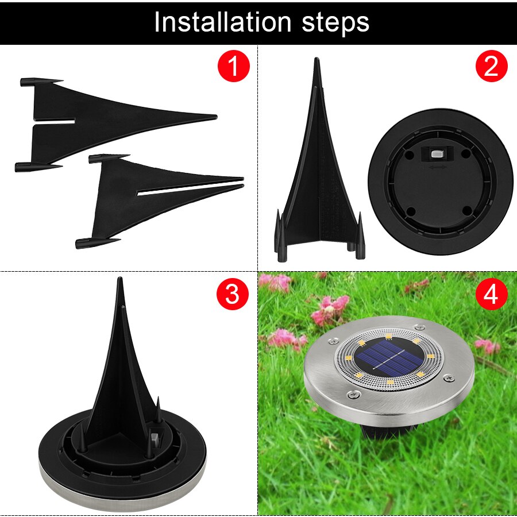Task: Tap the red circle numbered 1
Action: coord(233,67)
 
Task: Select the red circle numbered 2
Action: coord(492,67)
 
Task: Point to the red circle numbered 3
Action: coord(233,294)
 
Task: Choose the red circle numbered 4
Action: coord(492,294)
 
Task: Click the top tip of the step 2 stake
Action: coord(316,60)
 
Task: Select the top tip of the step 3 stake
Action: coord(120,281)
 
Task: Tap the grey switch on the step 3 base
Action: coord(156,441)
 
